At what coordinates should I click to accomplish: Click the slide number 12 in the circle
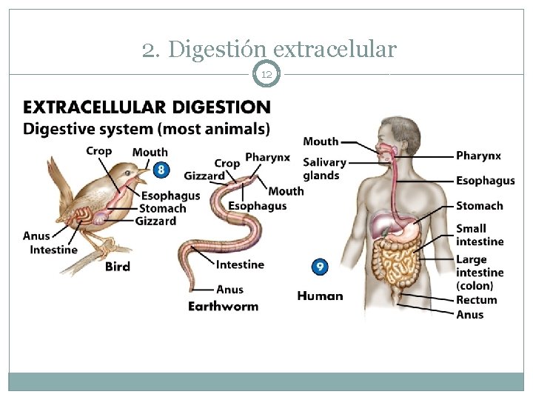pyautogui.click(x=266, y=74)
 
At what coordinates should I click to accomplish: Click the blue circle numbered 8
pyautogui.click(x=161, y=170)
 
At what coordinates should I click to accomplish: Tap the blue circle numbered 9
pyautogui.click(x=320, y=267)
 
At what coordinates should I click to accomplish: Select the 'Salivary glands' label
pyautogui.click(x=324, y=169)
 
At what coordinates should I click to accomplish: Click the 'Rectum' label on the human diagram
pyautogui.click(x=476, y=300)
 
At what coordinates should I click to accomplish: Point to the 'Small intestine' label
pyautogui.click(x=479, y=235)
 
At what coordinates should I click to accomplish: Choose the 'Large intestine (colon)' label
pyautogui.click(x=479, y=273)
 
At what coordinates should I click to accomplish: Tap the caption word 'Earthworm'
pyautogui.click(x=223, y=306)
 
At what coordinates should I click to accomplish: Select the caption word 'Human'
pyautogui.click(x=320, y=296)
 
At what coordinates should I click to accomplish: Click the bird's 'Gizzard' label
pyautogui.click(x=155, y=221)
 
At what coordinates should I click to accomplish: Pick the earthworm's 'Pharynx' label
pyautogui.click(x=267, y=157)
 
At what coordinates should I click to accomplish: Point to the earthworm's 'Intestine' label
pyautogui.click(x=240, y=264)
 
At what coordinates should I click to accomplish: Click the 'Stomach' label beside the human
pyautogui.click(x=479, y=206)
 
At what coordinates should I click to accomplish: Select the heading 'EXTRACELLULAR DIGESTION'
pyautogui.click(x=147, y=108)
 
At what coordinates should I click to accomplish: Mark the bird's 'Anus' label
pyautogui.click(x=36, y=236)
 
